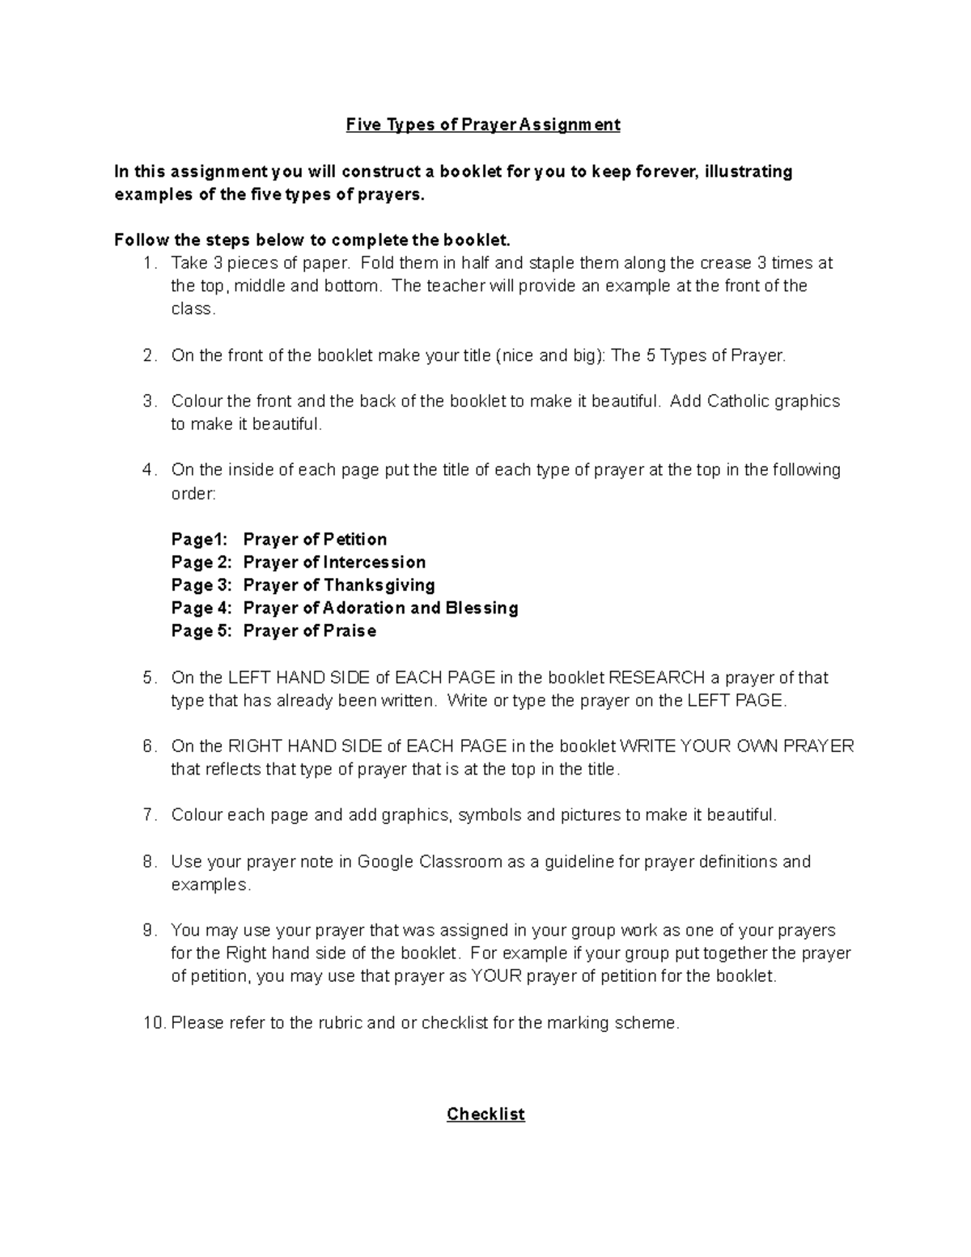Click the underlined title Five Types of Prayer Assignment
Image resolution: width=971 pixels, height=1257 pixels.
[x=483, y=125]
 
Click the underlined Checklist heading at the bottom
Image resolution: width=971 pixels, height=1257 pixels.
[x=485, y=1114]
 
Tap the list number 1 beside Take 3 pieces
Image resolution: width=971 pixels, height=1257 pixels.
[x=146, y=263]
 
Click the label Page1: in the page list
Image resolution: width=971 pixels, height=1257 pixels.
[x=200, y=539]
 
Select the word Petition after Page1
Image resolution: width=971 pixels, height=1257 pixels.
[x=355, y=539]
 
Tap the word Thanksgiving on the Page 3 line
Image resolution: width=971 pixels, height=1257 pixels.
[x=379, y=585]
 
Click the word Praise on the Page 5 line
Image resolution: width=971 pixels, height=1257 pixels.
[x=350, y=631]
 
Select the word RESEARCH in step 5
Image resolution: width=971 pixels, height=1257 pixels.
[x=655, y=677]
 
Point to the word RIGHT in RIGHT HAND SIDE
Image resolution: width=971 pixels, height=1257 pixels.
[x=255, y=746]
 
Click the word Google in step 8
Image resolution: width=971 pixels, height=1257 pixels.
[x=385, y=861]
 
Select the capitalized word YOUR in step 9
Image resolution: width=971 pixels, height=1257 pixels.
[x=497, y=976]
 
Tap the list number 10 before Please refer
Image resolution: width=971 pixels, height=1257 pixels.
[x=153, y=1023]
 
